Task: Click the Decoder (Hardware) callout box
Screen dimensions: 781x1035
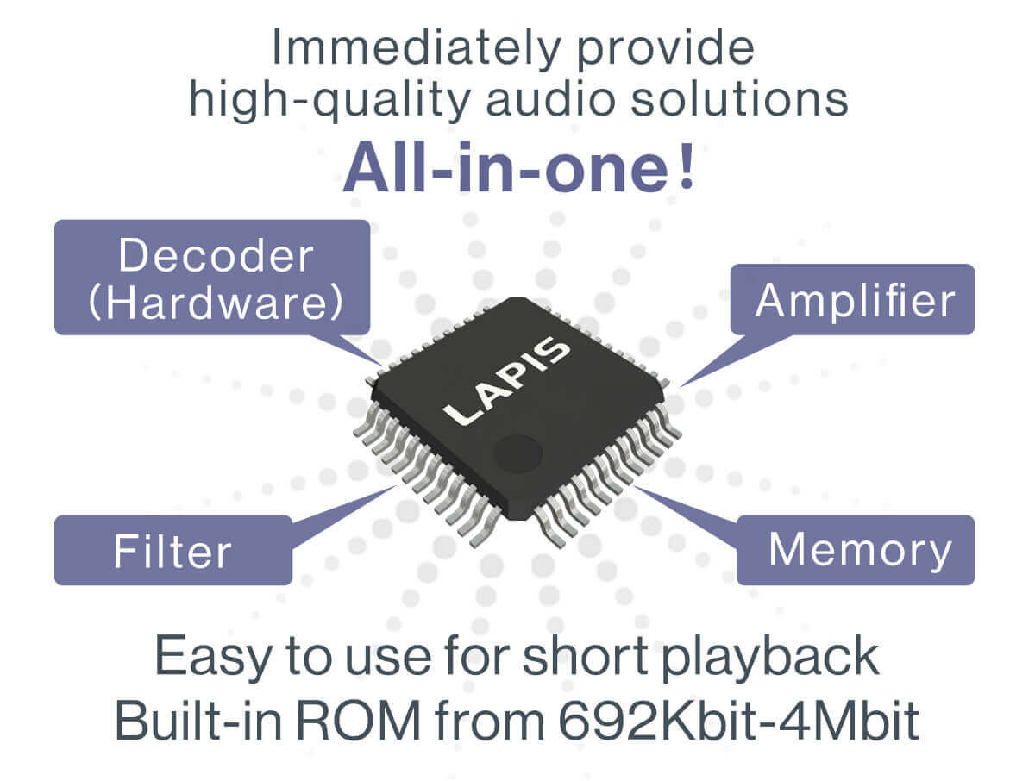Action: click(212, 277)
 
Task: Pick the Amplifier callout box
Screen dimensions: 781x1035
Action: click(852, 299)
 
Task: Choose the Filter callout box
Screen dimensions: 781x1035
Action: click(172, 550)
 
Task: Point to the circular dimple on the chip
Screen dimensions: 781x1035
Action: click(517, 452)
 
